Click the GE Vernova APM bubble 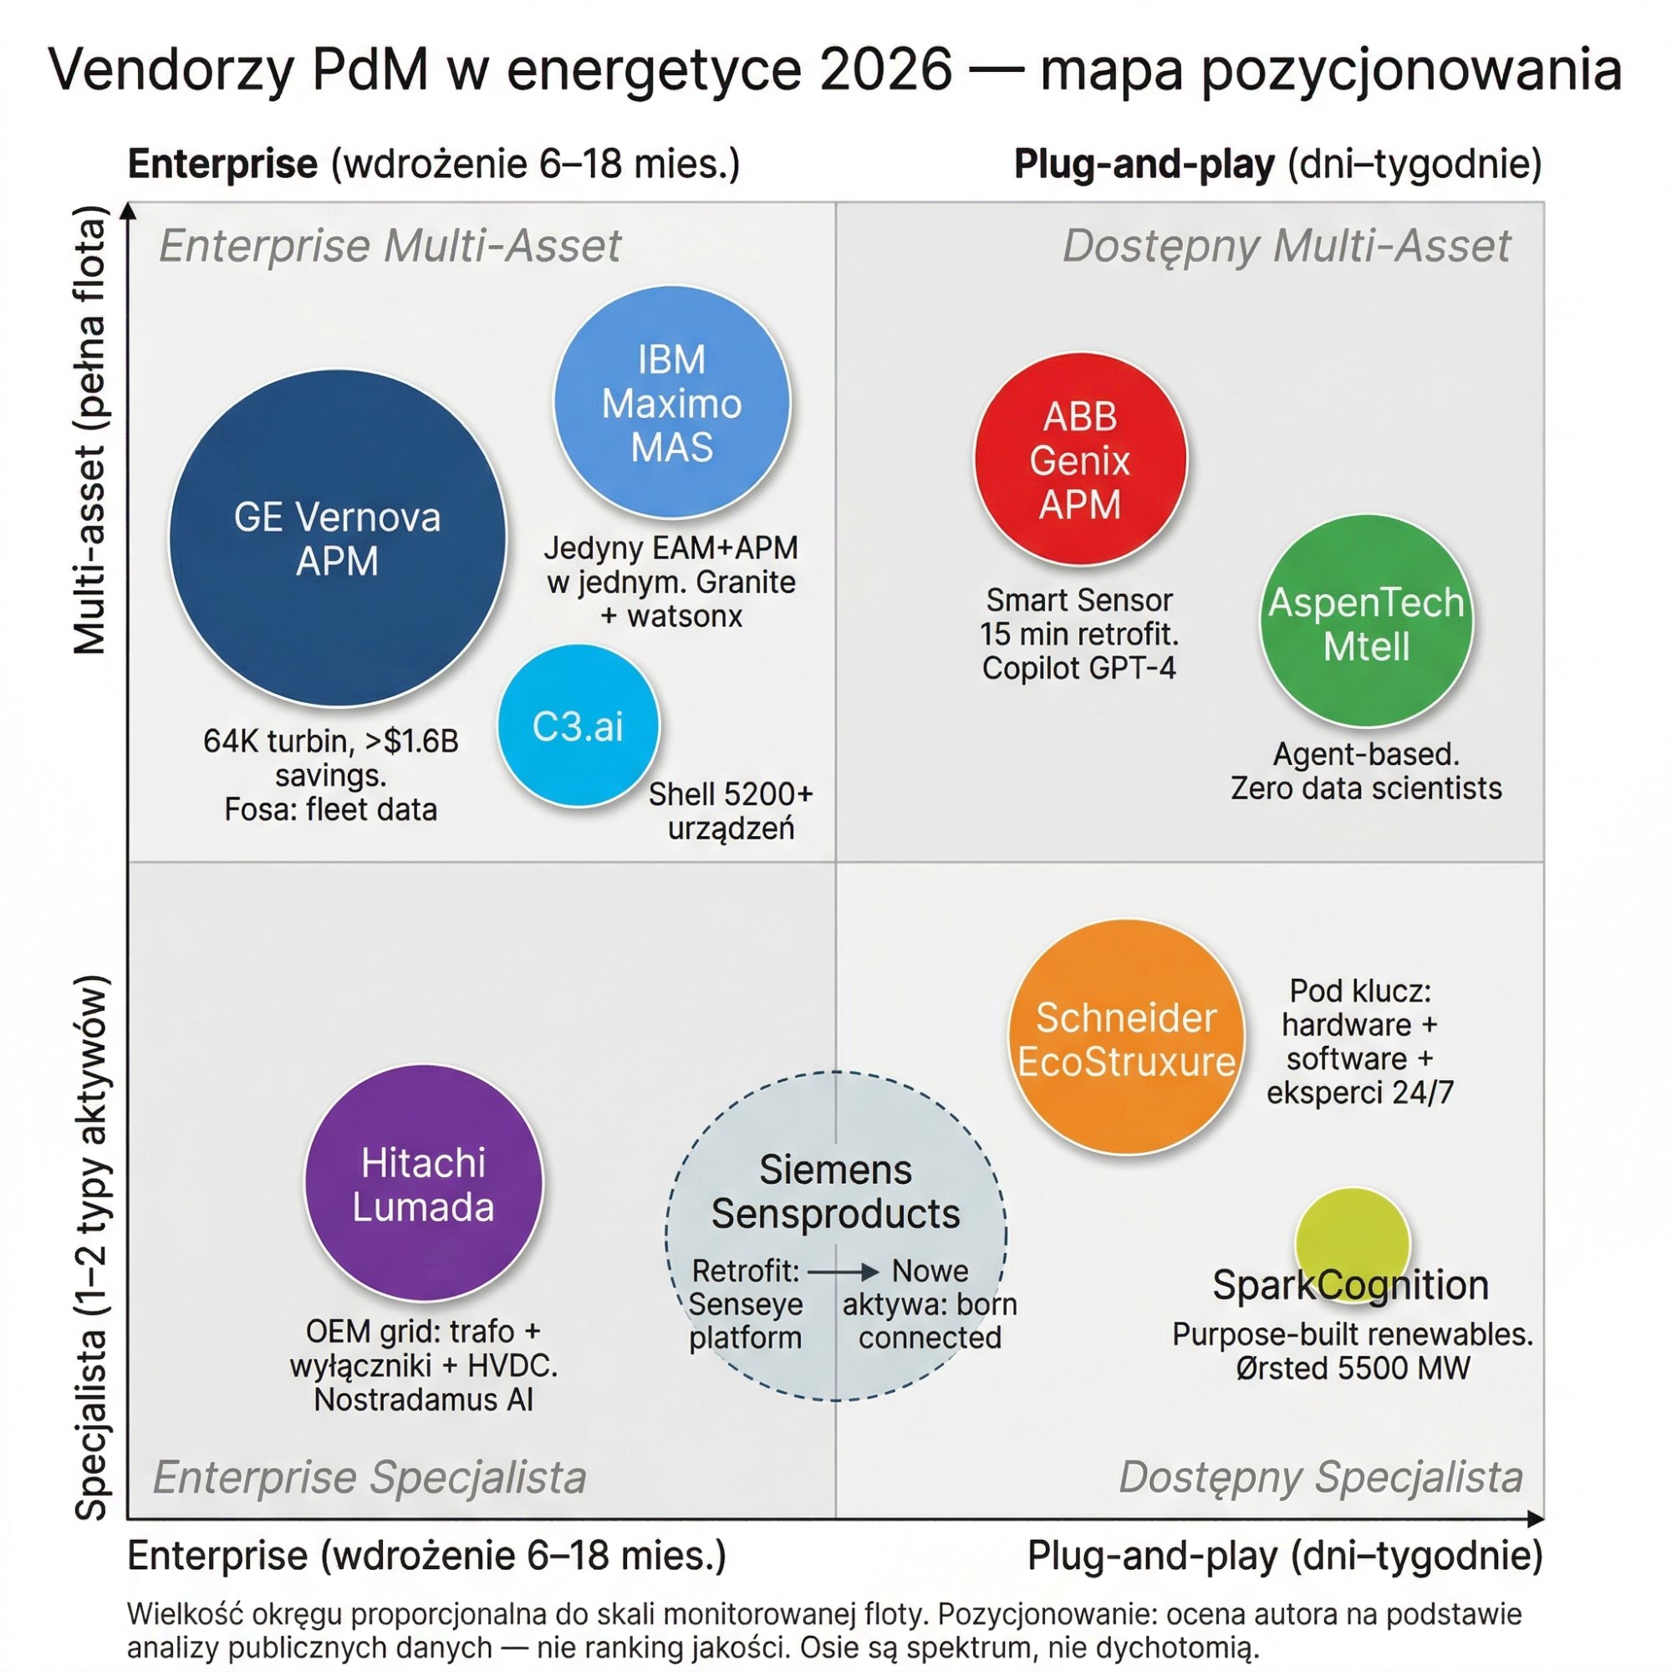click(x=337, y=538)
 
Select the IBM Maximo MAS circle click(x=671, y=403)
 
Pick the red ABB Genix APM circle click(x=1080, y=461)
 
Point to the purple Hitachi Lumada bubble click(x=423, y=1184)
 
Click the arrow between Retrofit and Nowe click(x=844, y=1272)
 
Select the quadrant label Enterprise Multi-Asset click(x=390, y=246)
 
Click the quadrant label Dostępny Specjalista click(x=1321, y=1477)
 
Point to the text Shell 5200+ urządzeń click(x=731, y=811)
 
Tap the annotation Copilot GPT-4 click(x=1079, y=668)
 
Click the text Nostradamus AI click(x=423, y=1399)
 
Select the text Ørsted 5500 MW click(x=1353, y=1369)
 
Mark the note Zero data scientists click(x=1366, y=788)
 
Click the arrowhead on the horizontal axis click(x=1535, y=1519)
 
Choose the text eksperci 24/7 click(x=1359, y=1092)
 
